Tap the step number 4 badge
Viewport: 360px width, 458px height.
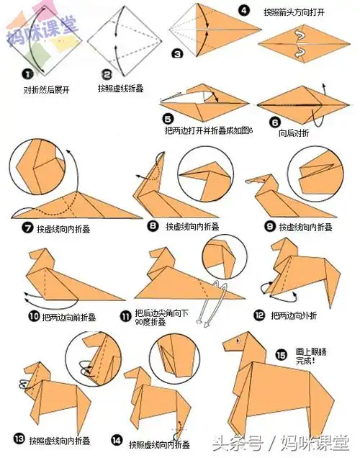245,11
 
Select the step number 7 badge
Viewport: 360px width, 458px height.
27,229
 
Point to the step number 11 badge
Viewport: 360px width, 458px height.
126,315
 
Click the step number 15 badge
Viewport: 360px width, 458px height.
282,354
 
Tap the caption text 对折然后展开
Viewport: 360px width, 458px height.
47,91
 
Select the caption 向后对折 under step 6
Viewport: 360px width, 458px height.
294,133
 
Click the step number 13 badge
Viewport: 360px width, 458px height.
18,439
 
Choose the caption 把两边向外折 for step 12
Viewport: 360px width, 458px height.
296,315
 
